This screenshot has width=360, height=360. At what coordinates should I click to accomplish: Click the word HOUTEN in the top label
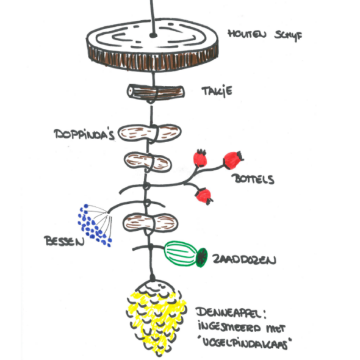point(247,34)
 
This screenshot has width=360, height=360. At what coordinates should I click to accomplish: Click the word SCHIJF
point(288,35)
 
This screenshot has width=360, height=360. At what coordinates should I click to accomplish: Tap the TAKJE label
point(217,92)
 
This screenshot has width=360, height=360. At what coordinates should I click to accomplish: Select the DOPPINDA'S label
point(84,134)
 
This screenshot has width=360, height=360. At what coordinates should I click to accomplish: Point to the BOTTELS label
point(253,179)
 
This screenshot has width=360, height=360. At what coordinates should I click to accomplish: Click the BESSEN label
point(64,241)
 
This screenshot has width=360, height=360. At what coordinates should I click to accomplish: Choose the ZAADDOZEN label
point(244,259)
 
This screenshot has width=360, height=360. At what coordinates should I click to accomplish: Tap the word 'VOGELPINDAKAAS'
point(245,344)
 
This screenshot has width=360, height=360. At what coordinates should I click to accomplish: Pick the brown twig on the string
point(156,92)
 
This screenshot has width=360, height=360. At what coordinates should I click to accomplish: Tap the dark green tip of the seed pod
point(202,257)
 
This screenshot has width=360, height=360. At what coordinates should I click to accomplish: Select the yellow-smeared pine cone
point(156,317)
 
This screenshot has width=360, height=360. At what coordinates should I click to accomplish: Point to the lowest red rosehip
point(204,196)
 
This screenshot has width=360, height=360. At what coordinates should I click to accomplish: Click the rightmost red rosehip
point(232,160)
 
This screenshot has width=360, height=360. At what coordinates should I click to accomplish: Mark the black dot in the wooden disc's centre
point(153,35)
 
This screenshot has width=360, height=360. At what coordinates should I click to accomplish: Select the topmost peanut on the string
point(149,134)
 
